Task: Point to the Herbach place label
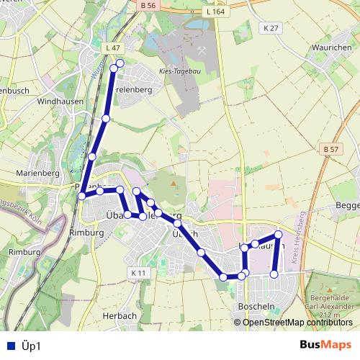coord(120,315)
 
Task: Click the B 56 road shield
coord(149,6)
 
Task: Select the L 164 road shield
coord(215,12)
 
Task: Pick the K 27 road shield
coord(270,27)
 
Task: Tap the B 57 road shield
coord(330,149)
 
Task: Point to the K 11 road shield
coord(139,273)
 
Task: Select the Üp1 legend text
coord(31,346)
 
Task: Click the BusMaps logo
coord(326,345)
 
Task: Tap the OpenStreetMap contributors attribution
coord(298,323)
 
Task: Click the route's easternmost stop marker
coord(278,235)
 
